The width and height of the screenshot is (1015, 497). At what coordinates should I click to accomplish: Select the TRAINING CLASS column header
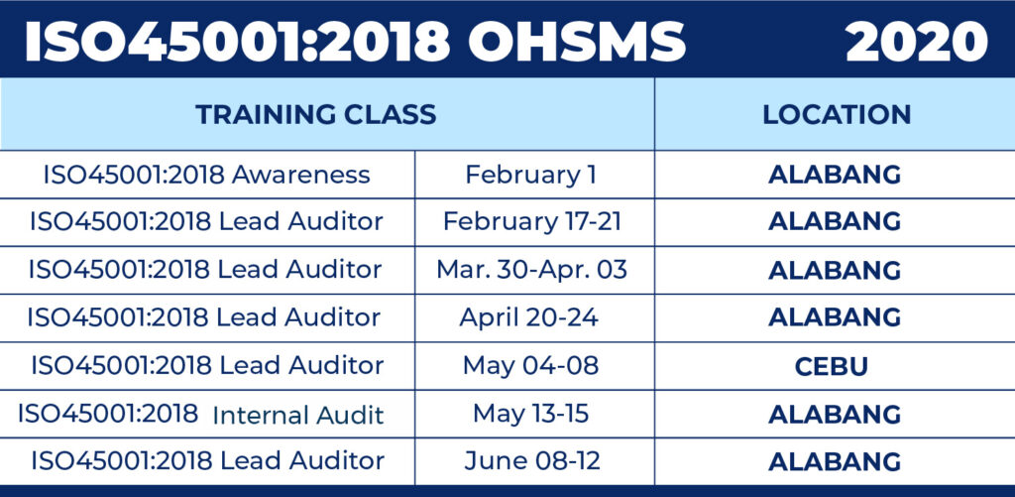(x=316, y=115)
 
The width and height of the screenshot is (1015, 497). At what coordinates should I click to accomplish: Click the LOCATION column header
(x=837, y=115)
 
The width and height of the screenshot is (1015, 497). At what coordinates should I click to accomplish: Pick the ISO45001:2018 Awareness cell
(x=206, y=175)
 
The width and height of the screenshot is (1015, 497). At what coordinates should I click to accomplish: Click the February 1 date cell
(x=531, y=175)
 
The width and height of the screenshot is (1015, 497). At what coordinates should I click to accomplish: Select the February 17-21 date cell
(x=532, y=222)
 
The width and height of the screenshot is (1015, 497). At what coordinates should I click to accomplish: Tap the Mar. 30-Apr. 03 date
(x=532, y=270)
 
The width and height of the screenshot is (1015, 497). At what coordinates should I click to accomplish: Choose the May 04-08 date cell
(x=531, y=366)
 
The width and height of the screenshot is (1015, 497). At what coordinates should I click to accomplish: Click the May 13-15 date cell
(x=531, y=414)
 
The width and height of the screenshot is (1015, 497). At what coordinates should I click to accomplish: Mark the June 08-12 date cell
(x=532, y=460)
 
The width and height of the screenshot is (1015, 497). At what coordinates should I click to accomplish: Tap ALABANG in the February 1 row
(x=835, y=175)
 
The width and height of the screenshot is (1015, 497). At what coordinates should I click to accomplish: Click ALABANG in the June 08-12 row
(x=835, y=461)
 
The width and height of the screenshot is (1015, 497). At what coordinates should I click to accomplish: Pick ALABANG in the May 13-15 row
(x=835, y=414)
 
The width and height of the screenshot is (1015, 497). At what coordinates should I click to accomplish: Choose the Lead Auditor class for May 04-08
(x=208, y=365)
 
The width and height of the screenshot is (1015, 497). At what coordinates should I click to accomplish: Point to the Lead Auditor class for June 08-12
(x=208, y=460)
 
